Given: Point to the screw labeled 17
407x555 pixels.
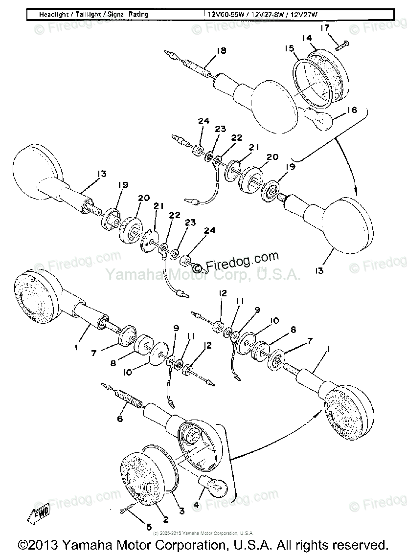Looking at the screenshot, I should (343, 45).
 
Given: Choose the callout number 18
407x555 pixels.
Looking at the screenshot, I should (222, 50).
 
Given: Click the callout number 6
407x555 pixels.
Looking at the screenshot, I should (120, 419).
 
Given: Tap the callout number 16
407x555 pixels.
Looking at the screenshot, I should (352, 111).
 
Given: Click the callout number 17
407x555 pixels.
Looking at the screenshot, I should (325, 28).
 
